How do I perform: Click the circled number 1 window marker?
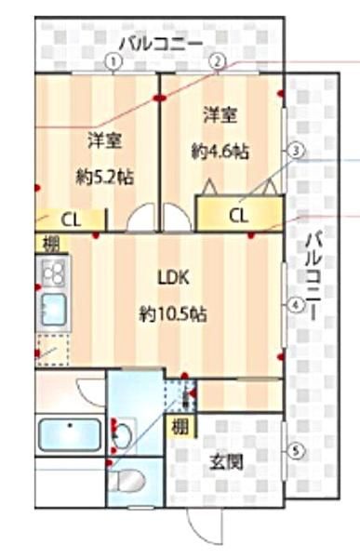pyautogui.click(x=113, y=62)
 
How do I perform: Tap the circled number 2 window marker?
pyautogui.click(x=218, y=62)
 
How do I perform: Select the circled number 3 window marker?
pyautogui.click(x=295, y=151)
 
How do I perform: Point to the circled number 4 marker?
pyautogui.click(x=296, y=305)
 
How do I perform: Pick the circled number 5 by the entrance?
pyautogui.click(x=295, y=452)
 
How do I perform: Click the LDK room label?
pyautogui.click(x=173, y=278)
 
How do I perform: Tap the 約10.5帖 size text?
pyautogui.click(x=173, y=314)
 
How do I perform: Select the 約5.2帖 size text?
pyautogui.click(x=105, y=177)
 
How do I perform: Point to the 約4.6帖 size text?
pyautogui.click(x=220, y=152)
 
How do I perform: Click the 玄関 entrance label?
pyautogui.click(x=226, y=462)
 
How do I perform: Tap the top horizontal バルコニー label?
pyautogui.click(x=160, y=45)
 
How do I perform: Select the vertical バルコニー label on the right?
pyautogui.click(x=313, y=276)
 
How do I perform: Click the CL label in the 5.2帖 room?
pyautogui.click(x=72, y=220)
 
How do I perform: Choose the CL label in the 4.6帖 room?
pyautogui.click(x=238, y=216)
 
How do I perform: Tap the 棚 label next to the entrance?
pyautogui.click(x=180, y=427)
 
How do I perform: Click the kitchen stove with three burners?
pyautogui.click(x=53, y=272)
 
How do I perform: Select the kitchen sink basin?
pyautogui.click(x=54, y=310)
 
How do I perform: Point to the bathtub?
pyautogui.click(x=70, y=435)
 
